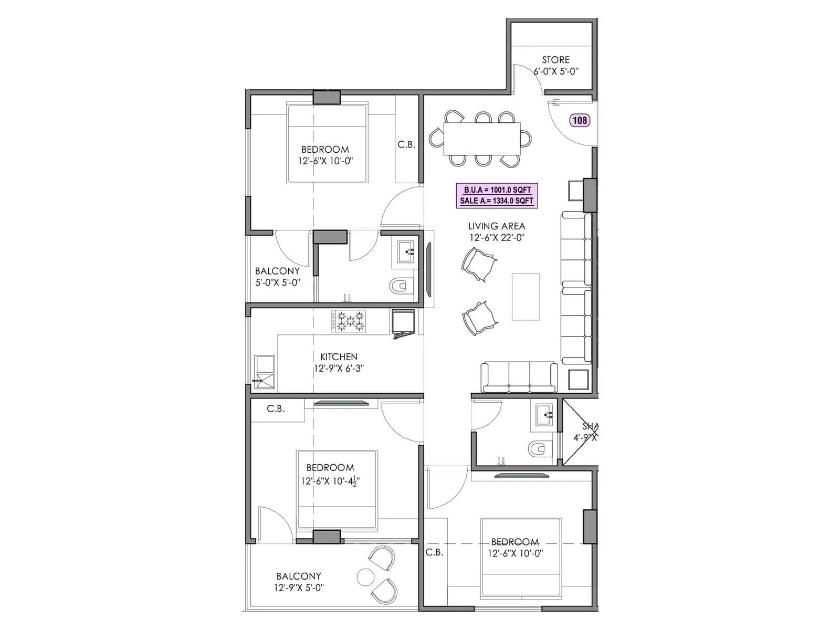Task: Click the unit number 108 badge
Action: coord(580,120)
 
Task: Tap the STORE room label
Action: coord(555,60)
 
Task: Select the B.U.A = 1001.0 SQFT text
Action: coord(497,190)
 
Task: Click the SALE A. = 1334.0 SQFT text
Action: coord(497,201)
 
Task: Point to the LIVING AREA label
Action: coord(496,226)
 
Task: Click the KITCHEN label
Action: coord(339,357)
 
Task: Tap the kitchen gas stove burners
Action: coord(349,321)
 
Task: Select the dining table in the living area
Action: coord(481,139)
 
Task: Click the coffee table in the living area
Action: coord(526,296)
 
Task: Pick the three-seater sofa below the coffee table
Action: coord(519,377)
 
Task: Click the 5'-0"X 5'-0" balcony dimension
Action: coord(278,282)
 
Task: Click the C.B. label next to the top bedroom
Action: coord(406,144)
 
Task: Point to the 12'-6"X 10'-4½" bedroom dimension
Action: coord(330,481)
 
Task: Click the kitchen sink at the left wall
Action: coord(264,372)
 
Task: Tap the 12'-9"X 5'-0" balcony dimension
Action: coord(299,587)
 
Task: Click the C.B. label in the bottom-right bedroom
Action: coord(434,552)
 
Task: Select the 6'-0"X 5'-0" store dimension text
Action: coord(556,71)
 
